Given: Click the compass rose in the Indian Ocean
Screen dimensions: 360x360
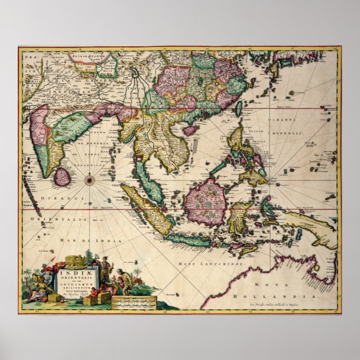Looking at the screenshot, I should click(89, 180).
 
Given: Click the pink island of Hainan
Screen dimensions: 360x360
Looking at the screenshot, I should click(191, 130).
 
